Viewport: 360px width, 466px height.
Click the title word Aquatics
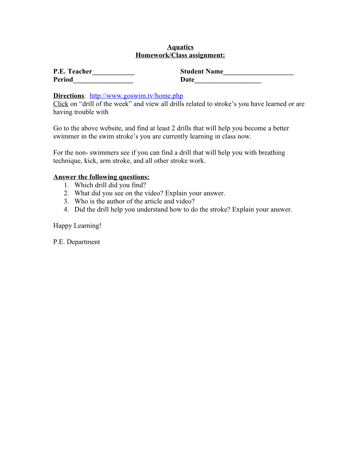pyautogui.click(x=180, y=47)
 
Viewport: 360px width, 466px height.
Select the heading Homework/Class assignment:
pyautogui.click(x=180, y=55)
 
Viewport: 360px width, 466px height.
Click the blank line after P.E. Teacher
pyautogui.click(x=113, y=72)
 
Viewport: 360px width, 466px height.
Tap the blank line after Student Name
pyautogui.click(x=258, y=72)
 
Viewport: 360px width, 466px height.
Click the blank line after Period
pyautogui.click(x=103, y=80)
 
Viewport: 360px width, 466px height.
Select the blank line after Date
pyautogui.click(x=228, y=80)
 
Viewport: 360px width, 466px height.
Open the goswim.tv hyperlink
pyautogui.click(x=136, y=96)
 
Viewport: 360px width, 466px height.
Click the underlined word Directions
pyautogui.click(x=68, y=96)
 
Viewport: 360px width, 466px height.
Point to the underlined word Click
pyautogui.click(x=61, y=104)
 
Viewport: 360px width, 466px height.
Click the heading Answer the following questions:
pyautogui.click(x=101, y=177)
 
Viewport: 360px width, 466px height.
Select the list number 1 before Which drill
pyautogui.click(x=66, y=185)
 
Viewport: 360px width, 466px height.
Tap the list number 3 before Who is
pyautogui.click(x=66, y=201)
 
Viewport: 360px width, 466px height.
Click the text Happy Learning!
pyautogui.click(x=77, y=226)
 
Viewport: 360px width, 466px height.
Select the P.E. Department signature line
pyautogui.click(x=77, y=242)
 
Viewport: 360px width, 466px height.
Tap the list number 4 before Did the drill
pyautogui.click(x=66, y=209)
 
